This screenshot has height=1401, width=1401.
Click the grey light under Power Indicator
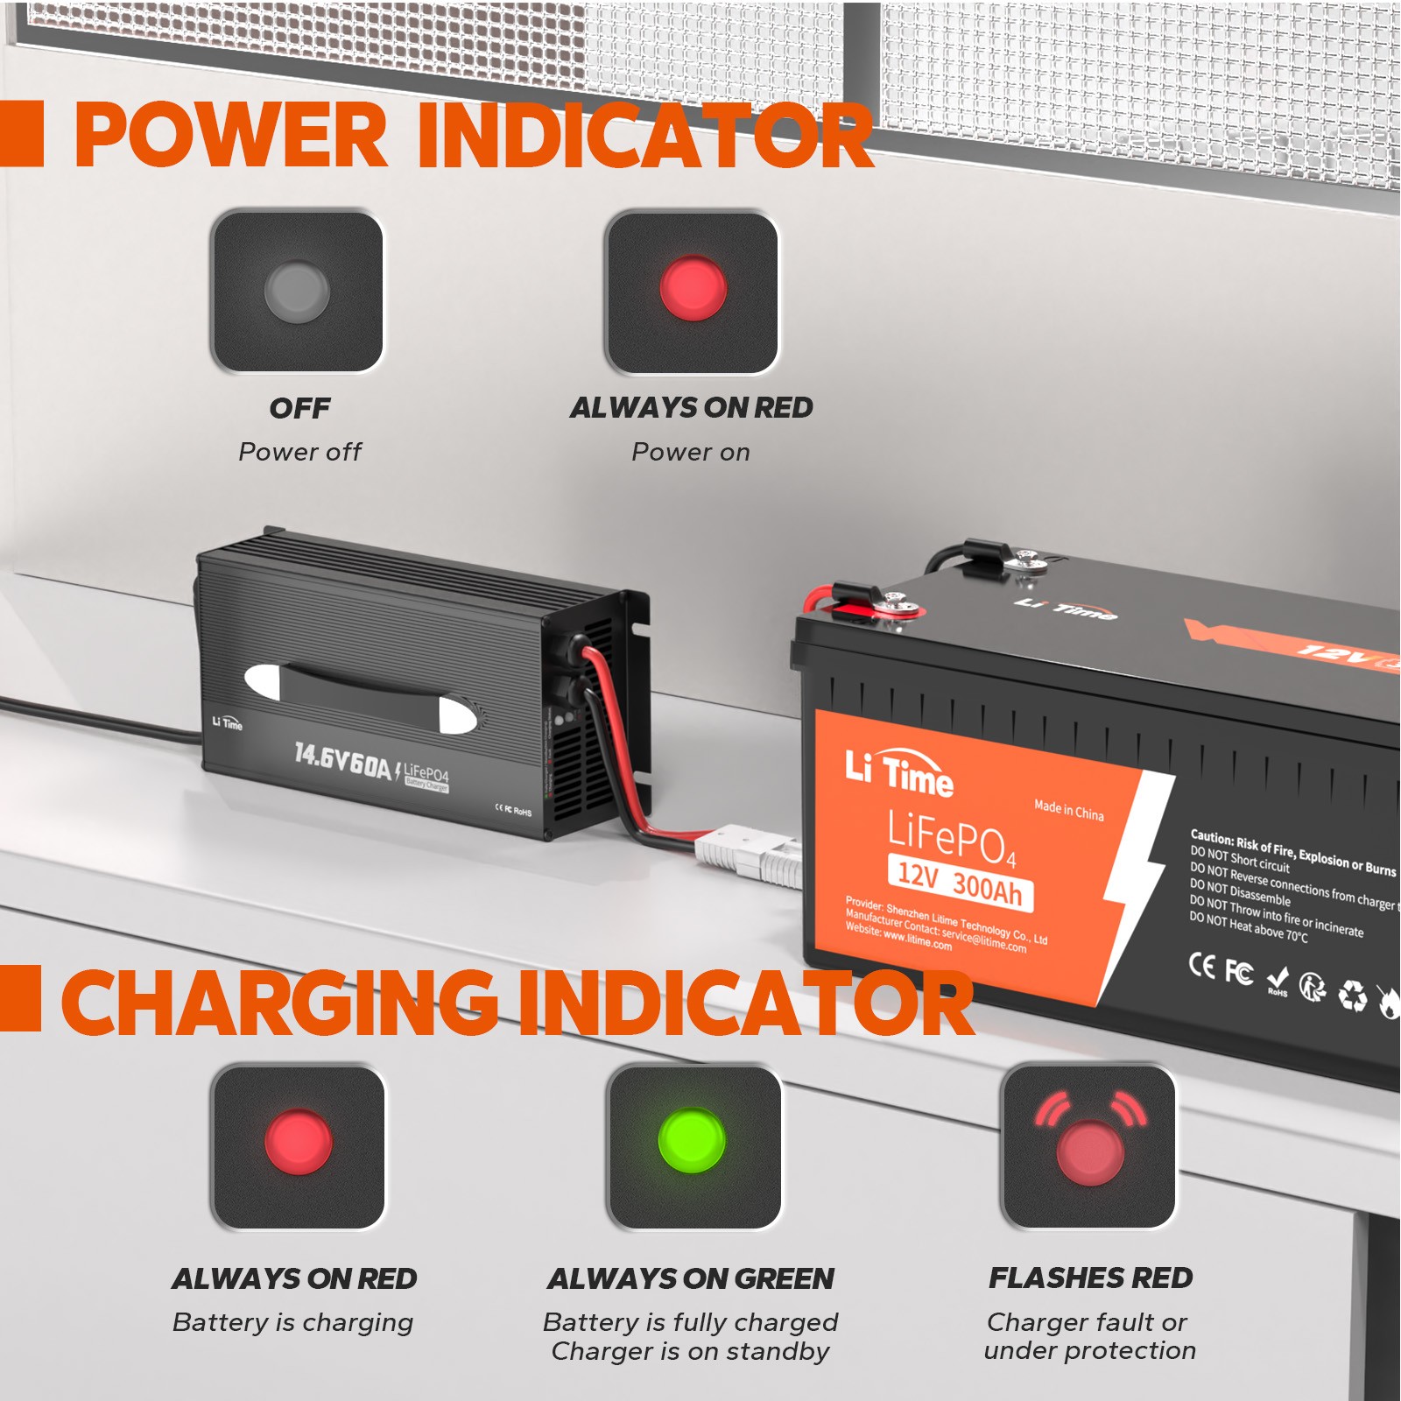click(x=297, y=291)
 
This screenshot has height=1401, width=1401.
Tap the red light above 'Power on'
click(x=693, y=288)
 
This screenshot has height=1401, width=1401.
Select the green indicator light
click(x=692, y=1140)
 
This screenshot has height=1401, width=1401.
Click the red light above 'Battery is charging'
click(x=298, y=1142)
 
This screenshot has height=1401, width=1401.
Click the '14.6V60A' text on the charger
click(x=342, y=761)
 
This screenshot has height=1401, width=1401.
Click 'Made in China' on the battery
click(x=1068, y=809)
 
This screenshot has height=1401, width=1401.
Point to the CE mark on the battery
click(x=1201, y=965)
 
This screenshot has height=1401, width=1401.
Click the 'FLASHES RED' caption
click(x=1090, y=1278)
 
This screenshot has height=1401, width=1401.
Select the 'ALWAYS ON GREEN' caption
click(x=691, y=1278)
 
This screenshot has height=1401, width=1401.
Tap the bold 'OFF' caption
click(x=299, y=408)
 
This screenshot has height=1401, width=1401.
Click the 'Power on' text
click(x=691, y=453)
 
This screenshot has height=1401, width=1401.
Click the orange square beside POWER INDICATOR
click(x=21, y=133)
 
